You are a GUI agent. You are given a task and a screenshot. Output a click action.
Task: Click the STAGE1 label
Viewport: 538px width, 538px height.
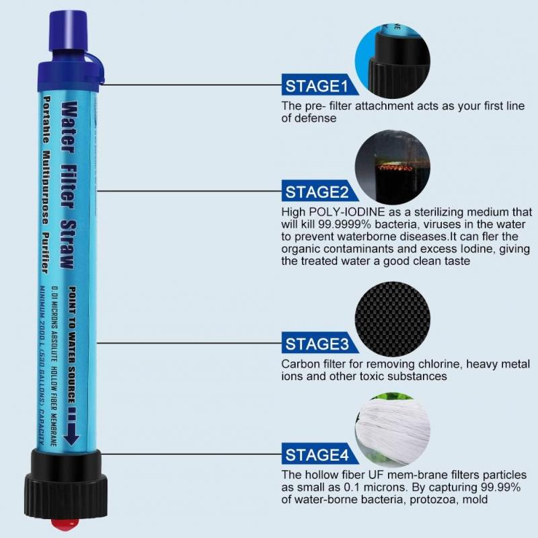317,85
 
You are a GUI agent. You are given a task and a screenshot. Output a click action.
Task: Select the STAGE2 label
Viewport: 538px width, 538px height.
317,192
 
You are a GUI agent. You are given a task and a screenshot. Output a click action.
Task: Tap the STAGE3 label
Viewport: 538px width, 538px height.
317,344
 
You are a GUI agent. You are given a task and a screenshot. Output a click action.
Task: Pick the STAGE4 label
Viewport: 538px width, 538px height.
317,455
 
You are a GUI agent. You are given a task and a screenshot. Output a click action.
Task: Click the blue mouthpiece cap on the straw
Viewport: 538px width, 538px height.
69,31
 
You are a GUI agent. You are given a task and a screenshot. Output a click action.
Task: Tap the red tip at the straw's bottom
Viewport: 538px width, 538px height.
65,524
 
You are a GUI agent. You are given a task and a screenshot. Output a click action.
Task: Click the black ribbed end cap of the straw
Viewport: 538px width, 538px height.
66,484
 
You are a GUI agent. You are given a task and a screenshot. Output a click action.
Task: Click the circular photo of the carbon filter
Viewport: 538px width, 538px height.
392,319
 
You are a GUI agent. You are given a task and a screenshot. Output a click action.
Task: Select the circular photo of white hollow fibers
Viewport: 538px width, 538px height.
392,430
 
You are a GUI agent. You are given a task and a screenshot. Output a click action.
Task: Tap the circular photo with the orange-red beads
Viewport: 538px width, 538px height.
392,167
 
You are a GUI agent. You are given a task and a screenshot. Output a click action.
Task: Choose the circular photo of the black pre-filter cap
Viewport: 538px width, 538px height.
392,61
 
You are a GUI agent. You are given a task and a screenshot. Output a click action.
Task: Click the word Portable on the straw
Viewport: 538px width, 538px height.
46,120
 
